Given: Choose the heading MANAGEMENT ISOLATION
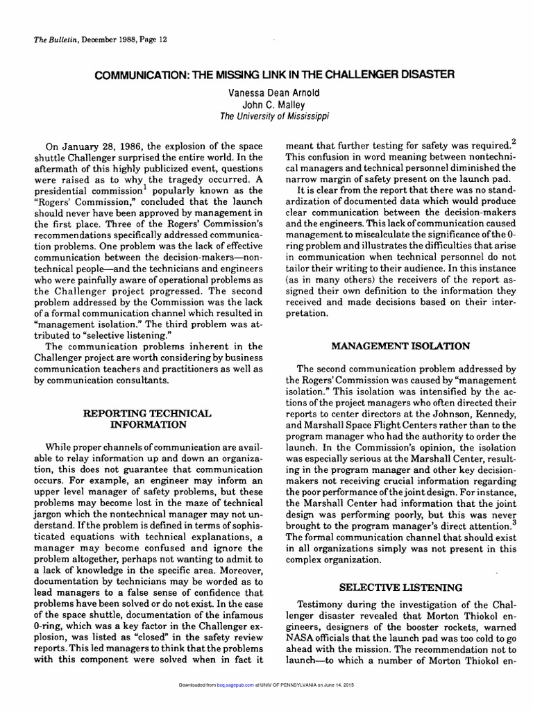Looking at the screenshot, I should coord(401,345).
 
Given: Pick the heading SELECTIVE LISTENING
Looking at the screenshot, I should coord(401,587).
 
